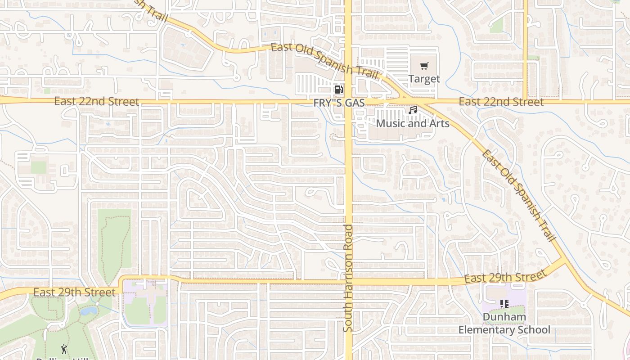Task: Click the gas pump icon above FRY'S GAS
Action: (338, 89)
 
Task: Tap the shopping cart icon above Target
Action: (424, 67)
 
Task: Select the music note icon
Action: (413, 110)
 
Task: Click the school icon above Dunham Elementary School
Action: (504, 304)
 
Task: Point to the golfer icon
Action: (64, 349)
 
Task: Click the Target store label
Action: (424, 79)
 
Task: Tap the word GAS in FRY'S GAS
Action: (355, 103)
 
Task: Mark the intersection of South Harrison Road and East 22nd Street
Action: (348, 102)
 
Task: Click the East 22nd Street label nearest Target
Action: (501, 102)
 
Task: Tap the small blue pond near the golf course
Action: (89, 310)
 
